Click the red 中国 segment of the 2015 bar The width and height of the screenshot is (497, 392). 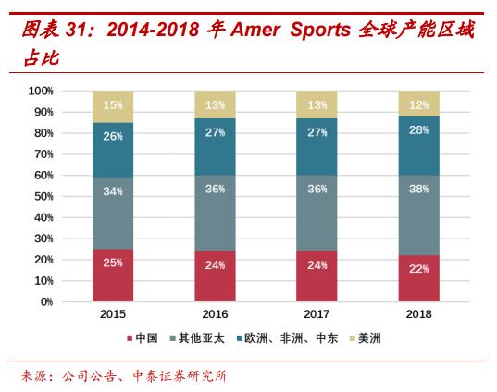[x=113, y=275]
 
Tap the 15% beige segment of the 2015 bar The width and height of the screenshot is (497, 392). [x=113, y=106]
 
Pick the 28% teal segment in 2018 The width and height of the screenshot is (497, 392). [x=418, y=145]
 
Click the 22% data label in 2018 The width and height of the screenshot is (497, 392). [x=418, y=268]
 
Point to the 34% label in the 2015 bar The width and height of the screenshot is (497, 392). [x=113, y=191]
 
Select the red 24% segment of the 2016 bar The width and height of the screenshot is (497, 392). [x=215, y=276]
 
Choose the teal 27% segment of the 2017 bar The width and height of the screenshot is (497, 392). [x=317, y=146]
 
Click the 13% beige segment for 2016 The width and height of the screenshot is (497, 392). [x=215, y=104]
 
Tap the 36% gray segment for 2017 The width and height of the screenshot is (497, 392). [x=317, y=214]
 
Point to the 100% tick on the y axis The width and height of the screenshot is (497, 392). [x=41, y=92]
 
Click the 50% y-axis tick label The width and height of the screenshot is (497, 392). [x=43, y=197]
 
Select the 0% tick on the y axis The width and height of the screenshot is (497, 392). [x=46, y=301]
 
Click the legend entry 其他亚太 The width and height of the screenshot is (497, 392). [x=205, y=338]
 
